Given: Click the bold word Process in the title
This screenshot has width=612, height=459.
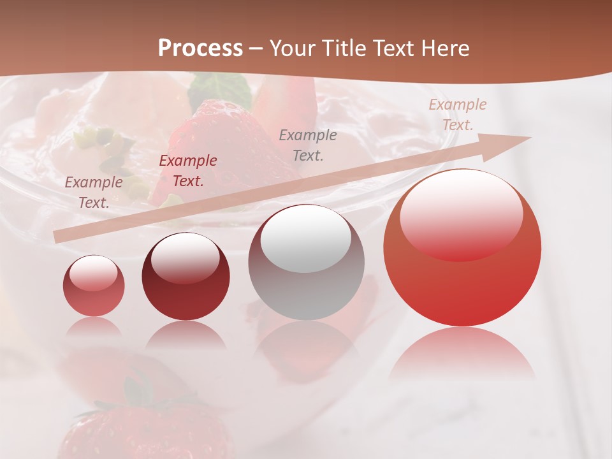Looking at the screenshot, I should click(x=200, y=48).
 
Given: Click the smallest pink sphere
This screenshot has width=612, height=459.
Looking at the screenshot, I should click(x=94, y=286).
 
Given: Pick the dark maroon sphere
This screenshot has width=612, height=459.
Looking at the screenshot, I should click(x=186, y=277).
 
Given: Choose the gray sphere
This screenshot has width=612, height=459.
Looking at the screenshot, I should click(x=306, y=263).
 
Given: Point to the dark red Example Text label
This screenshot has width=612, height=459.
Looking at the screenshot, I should click(x=188, y=171).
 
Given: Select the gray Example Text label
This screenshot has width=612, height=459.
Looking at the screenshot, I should click(x=308, y=145).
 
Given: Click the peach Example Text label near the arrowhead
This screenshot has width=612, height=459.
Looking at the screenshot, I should click(x=458, y=115).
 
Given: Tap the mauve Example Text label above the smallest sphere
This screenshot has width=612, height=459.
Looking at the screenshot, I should click(x=94, y=193).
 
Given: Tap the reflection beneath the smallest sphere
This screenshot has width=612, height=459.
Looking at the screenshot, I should click(x=94, y=328).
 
